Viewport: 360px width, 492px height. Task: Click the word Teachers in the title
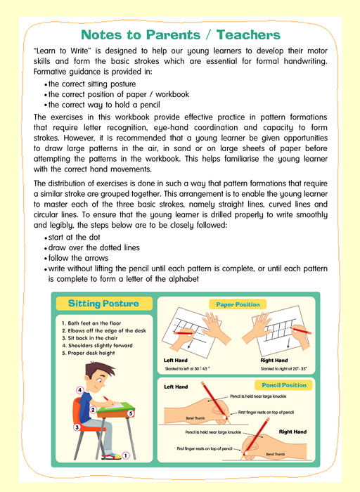coord(248,35)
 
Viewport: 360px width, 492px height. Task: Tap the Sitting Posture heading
coord(103,304)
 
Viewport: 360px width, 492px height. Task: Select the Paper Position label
coord(238,304)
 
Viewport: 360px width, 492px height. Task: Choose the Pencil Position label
coord(284,385)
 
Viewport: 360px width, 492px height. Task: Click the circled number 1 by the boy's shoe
coord(126,455)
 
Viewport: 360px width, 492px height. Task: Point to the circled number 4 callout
coord(80,390)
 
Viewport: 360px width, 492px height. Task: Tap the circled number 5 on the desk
coord(131,413)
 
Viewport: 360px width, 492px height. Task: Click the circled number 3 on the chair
coord(77,427)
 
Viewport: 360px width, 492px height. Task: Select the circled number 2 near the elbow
coord(93,410)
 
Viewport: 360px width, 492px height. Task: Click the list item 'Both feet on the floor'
coord(91,323)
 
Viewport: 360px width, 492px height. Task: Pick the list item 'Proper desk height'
coord(88,353)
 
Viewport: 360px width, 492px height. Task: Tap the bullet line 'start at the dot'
coord(74,238)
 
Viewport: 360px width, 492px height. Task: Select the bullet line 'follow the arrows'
coord(78,258)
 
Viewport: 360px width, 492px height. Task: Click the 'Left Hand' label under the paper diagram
coord(176,360)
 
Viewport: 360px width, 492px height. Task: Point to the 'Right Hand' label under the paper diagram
coord(274,360)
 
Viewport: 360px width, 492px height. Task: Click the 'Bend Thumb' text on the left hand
coord(195,418)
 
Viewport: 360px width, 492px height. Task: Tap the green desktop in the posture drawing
coord(116,407)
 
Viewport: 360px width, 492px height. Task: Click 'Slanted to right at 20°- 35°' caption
coord(283,369)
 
